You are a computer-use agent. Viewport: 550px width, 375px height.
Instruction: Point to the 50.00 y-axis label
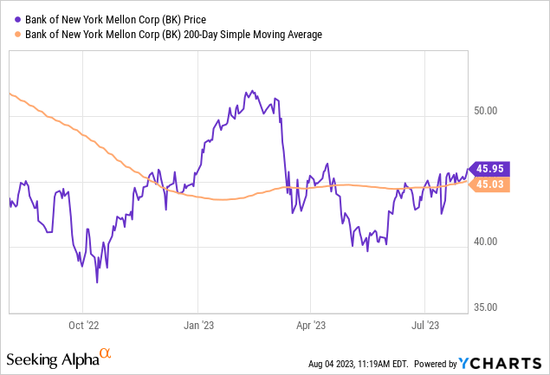coord(483,112)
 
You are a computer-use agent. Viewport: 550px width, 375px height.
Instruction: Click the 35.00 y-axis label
coord(483,307)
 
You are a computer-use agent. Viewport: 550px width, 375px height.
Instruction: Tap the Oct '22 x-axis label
coord(82,327)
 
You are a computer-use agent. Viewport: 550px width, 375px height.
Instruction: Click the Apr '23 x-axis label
coord(310,327)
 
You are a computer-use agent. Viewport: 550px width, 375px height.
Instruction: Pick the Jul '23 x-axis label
coord(424,327)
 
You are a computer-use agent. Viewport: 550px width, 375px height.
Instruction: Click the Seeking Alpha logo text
coord(51,359)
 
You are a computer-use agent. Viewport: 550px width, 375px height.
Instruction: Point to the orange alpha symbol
coord(107,354)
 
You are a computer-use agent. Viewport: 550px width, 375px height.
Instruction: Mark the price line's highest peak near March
coord(250,90)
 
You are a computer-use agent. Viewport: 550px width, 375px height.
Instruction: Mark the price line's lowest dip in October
coord(97,281)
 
